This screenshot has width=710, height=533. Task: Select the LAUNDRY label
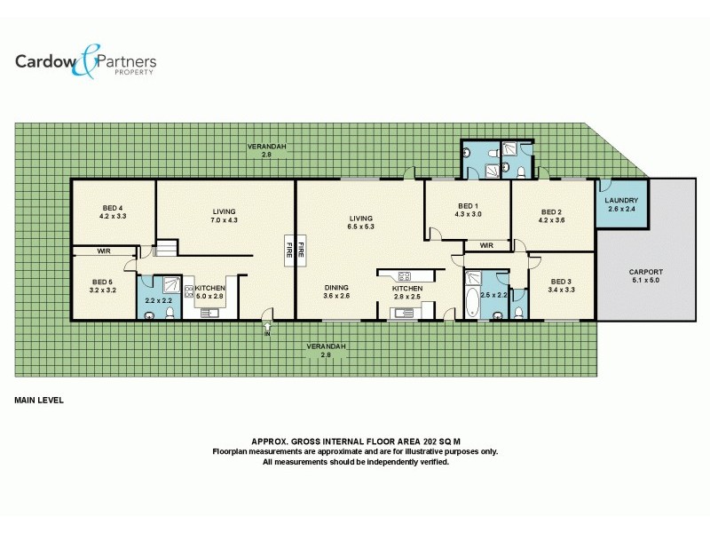(621, 201)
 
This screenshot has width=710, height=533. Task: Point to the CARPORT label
(645, 272)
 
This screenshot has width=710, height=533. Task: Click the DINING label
(335, 287)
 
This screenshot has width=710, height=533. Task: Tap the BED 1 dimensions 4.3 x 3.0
(468, 214)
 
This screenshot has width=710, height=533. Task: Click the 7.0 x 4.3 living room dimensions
(224, 219)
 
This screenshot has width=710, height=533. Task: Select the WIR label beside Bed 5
(104, 251)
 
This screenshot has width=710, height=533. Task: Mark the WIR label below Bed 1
(485, 245)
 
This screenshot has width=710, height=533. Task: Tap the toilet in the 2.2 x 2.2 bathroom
(148, 313)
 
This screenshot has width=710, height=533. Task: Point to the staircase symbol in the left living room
(167, 250)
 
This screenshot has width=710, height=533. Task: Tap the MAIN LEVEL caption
(39, 401)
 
